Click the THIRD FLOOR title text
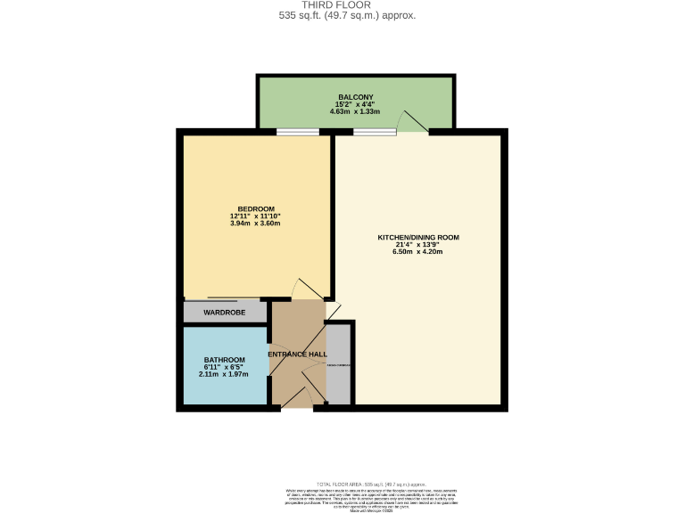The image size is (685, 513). pyautogui.click(x=342, y=5)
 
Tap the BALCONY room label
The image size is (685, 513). pyautogui.click(x=354, y=96)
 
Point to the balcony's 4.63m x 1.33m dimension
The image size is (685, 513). pyautogui.click(x=354, y=112)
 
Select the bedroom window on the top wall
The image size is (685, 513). pyautogui.click(x=297, y=133)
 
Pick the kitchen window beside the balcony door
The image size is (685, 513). pyautogui.click(x=374, y=133)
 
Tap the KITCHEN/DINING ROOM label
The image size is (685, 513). pyautogui.click(x=417, y=237)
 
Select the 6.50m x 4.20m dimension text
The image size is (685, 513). pyautogui.click(x=417, y=252)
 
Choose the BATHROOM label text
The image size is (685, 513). pyautogui.click(x=224, y=360)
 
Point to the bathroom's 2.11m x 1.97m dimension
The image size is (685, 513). pyautogui.click(x=224, y=374)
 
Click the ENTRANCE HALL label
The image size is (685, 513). pyautogui.click(x=298, y=354)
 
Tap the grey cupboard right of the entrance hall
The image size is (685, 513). pyautogui.click(x=339, y=365)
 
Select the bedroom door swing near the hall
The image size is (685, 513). pyautogui.click(x=305, y=289)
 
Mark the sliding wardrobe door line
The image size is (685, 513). pyautogui.click(x=234, y=298)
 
